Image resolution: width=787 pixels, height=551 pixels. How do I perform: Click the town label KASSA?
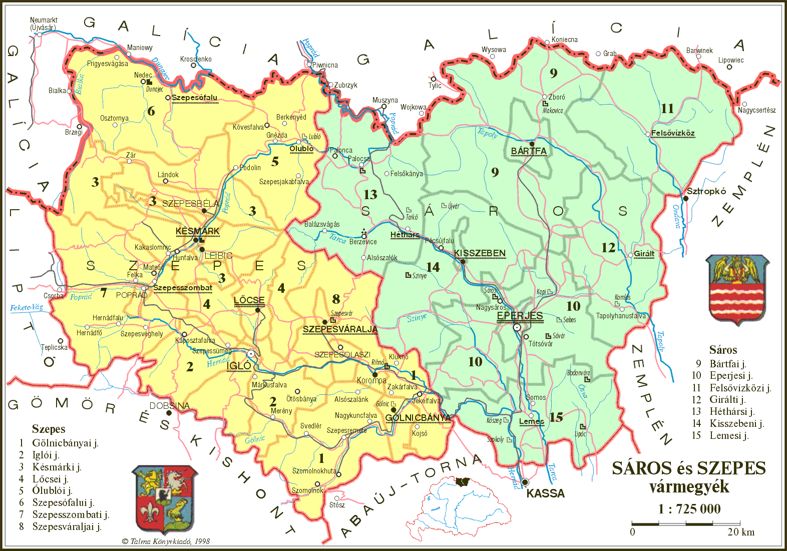coord(545,493)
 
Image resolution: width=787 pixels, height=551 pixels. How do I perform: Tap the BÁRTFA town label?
coord(529,151)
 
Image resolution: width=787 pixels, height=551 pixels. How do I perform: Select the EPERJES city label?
coord(520,316)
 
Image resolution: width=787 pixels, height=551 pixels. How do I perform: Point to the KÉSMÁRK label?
coord(198,231)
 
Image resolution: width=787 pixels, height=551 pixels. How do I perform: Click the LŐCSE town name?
coord(249,300)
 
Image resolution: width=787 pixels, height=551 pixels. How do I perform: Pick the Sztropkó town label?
coord(706,191)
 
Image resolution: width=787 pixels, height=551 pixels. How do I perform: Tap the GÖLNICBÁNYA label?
coord(418,418)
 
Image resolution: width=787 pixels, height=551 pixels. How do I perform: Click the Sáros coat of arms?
coord(737,290)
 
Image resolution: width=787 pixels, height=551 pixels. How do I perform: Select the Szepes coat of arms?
coord(165,499)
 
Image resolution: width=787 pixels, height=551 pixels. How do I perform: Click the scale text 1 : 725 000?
coord(689,509)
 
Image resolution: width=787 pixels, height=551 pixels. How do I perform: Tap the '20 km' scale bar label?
coord(741,532)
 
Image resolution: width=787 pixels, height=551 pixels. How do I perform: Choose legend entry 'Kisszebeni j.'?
coord(736,423)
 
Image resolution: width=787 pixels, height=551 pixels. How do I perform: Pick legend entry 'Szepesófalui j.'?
coord(63,502)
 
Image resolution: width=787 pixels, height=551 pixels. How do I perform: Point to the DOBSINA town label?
coord(170,405)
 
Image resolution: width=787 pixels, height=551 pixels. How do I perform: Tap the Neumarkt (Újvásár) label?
coord(44,24)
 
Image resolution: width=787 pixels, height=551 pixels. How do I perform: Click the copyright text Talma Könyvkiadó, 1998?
coord(166,541)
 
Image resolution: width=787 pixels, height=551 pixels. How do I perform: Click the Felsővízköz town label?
coord(673,133)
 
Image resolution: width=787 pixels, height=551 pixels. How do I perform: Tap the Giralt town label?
coord(644,254)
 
